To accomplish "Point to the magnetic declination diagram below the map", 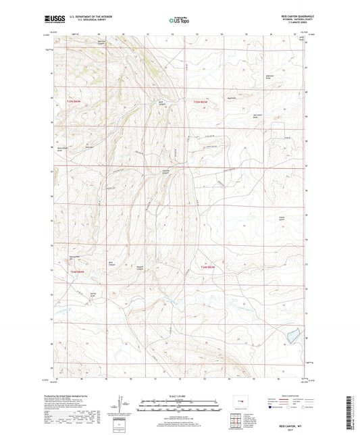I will point(122,407).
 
